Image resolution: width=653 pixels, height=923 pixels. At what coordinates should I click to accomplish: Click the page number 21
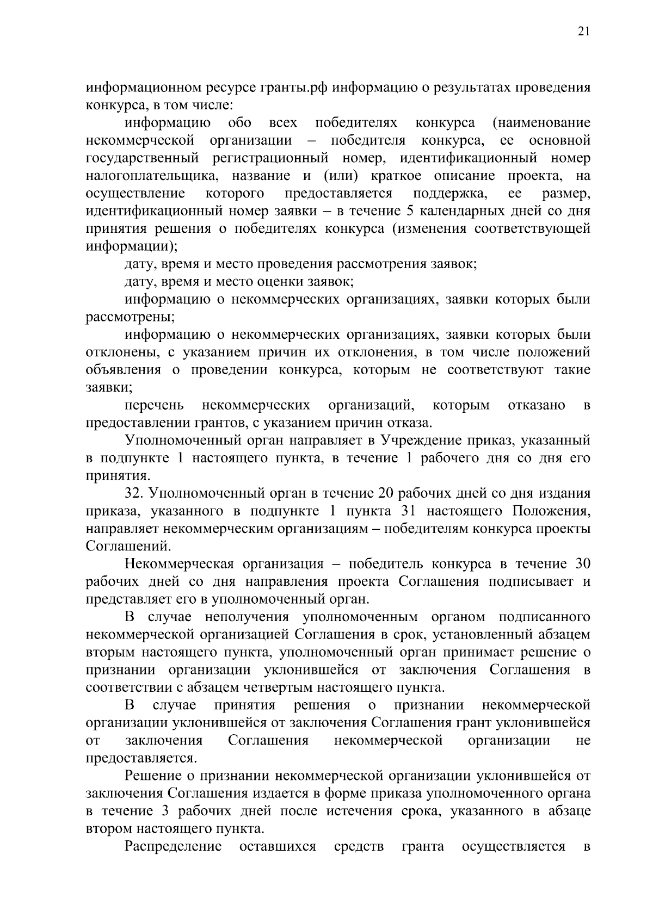[x=583, y=32]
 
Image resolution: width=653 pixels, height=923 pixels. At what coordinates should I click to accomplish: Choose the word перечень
[x=154, y=405]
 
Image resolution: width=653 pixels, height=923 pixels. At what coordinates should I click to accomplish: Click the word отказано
[x=536, y=405]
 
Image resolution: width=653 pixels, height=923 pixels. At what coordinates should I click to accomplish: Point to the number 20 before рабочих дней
[x=383, y=493]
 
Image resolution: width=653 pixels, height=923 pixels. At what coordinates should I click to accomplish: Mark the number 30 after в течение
[x=578, y=564]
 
